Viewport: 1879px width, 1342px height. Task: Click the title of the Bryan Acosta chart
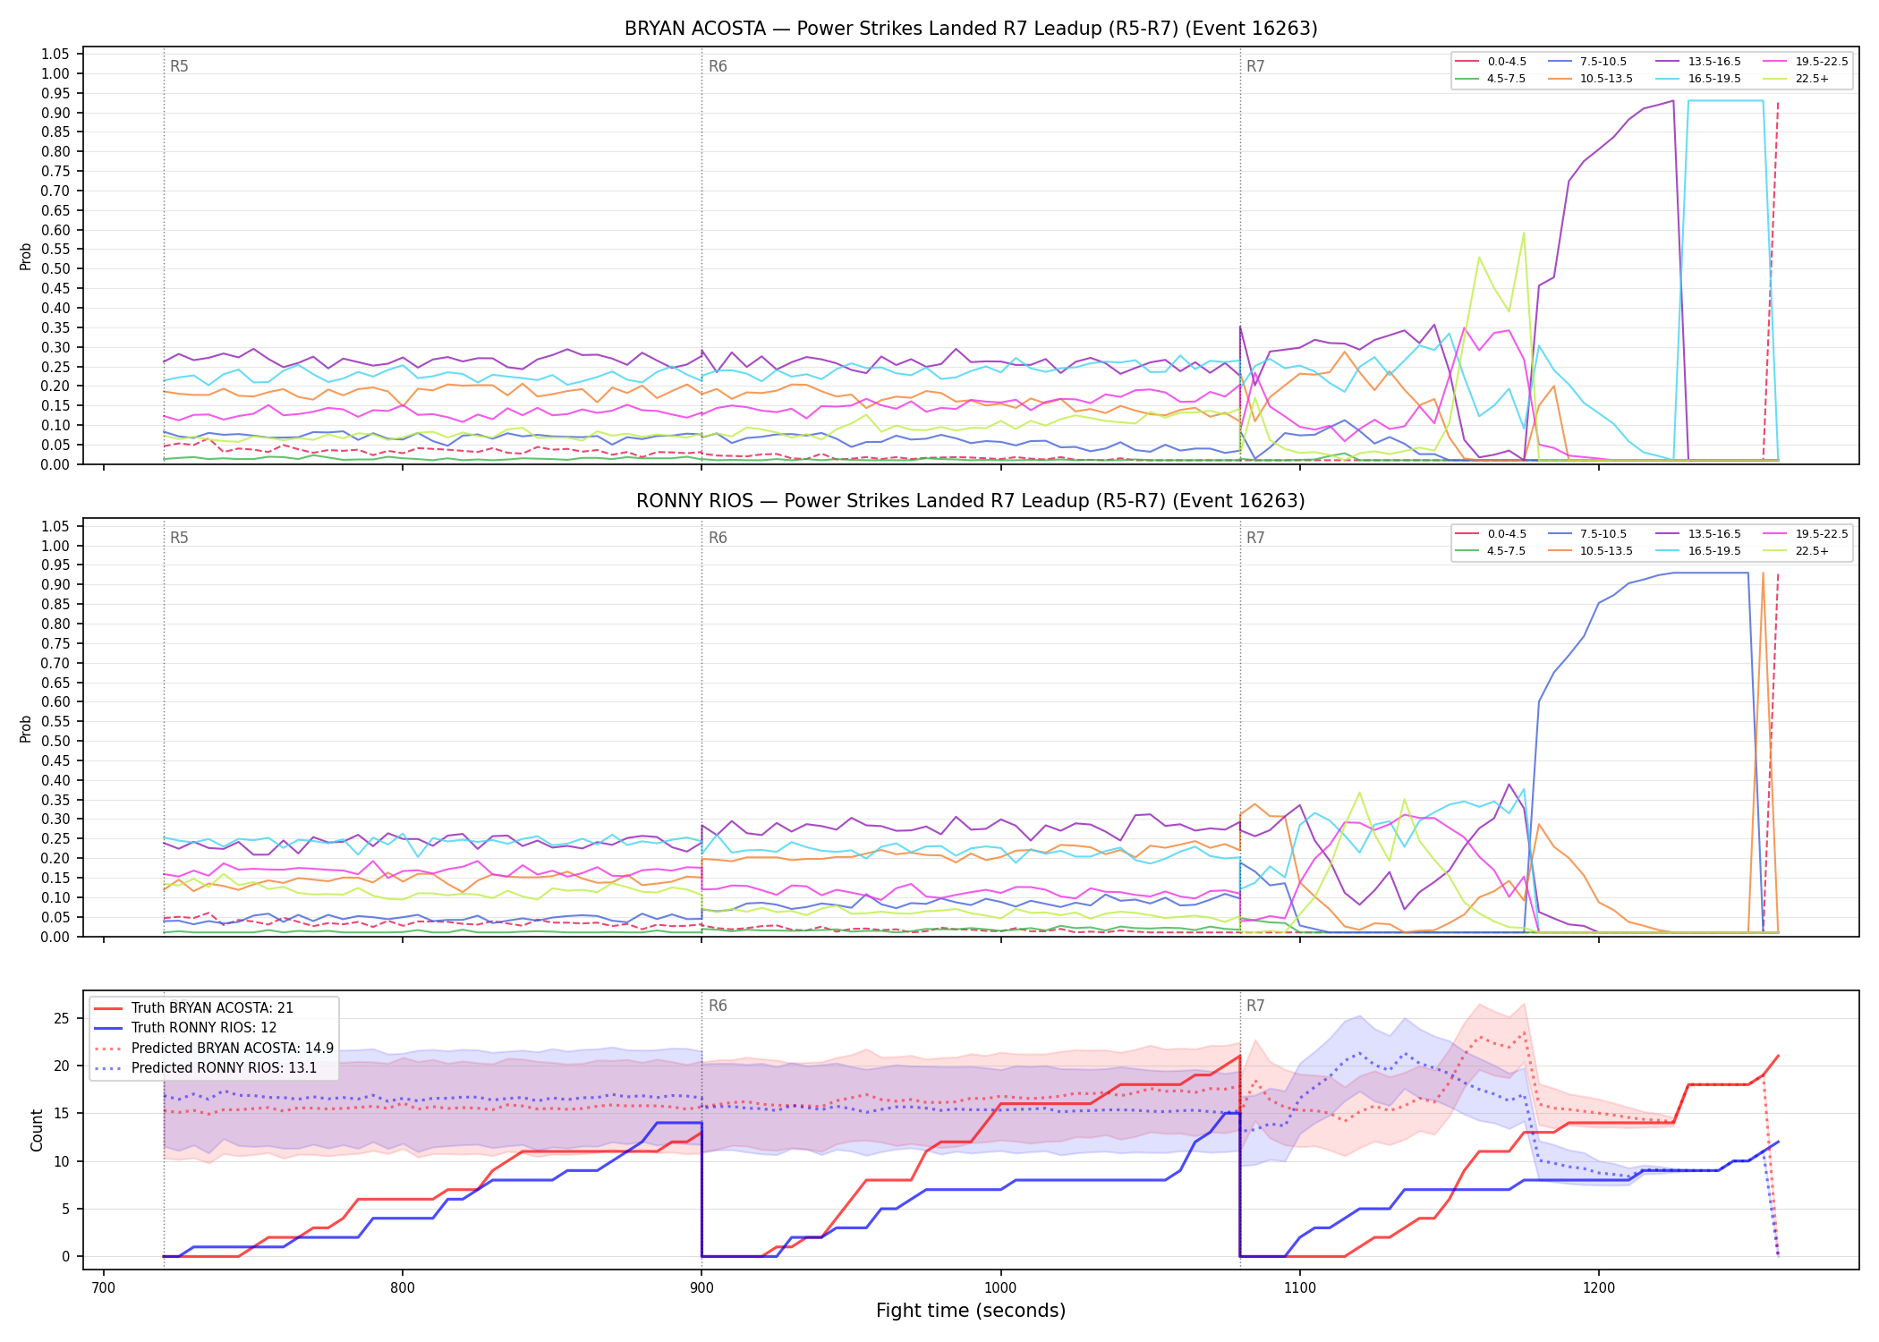coord(971,29)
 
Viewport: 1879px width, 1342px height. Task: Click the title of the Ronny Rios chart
coord(971,501)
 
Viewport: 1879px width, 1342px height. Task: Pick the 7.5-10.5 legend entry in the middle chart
coord(1588,534)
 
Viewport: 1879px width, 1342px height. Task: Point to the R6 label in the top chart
coord(718,66)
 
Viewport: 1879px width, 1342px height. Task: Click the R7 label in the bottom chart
coord(1255,1006)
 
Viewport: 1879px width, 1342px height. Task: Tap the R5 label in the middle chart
coord(179,538)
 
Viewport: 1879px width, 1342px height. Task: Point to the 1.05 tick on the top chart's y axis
coord(55,55)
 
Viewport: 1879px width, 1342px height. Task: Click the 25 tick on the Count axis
coord(62,1018)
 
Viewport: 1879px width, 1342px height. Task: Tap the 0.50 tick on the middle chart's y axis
coord(55,741)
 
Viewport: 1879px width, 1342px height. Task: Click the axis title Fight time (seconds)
coord(971,1312)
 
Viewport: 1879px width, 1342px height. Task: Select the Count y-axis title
coord(37,1130)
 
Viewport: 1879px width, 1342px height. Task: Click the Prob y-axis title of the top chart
coord(26,256)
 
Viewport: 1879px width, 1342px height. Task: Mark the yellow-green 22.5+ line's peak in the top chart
coord(1524,233)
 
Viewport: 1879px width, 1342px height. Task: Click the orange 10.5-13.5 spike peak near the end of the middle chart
coord(1763,573)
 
